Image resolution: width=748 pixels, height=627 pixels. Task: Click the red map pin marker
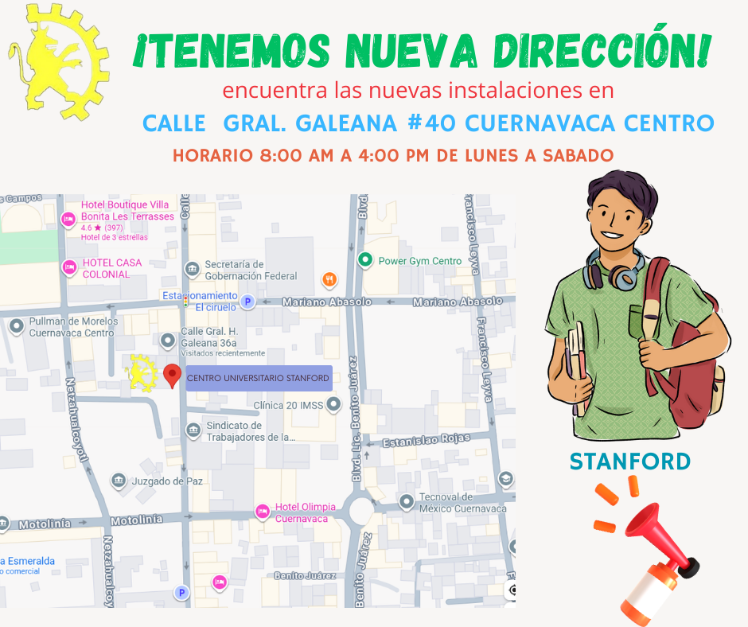171,375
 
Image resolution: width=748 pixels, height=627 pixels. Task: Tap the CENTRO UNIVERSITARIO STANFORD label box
258,378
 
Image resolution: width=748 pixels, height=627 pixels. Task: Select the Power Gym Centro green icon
365,259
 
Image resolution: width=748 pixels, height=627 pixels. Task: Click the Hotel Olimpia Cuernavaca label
305,512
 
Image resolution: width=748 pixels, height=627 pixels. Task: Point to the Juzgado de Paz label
168,481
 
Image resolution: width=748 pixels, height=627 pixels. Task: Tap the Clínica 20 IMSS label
289,405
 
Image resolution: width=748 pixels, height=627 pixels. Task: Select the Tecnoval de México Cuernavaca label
463,503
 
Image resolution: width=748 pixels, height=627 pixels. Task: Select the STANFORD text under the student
630,461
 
